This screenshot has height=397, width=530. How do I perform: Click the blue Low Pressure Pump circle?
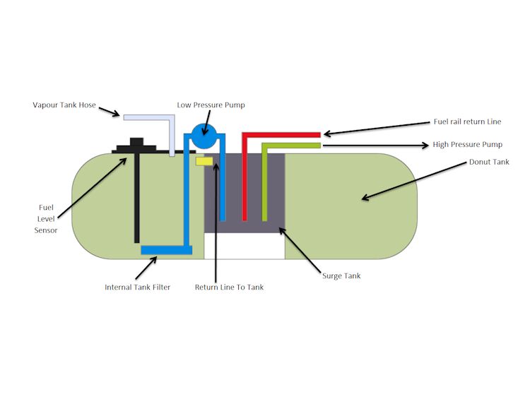[x=205, y=135]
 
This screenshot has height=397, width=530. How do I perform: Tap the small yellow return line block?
[x=204, y=162]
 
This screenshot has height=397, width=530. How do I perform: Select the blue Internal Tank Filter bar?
[x=166, y=249]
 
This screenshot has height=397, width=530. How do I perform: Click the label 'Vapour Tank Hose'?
[x=64, y=105]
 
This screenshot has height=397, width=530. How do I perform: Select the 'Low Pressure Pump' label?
[x=211, y=105]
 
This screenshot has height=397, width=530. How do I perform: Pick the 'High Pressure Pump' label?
[x=467, y=145]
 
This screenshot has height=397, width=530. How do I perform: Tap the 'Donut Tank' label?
[x=489, y=162]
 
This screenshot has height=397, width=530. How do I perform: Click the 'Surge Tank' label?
[x=341, y=275]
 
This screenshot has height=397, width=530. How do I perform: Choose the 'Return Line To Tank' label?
[x=229, y=287]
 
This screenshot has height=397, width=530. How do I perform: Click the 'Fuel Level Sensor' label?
[x=47, y=219]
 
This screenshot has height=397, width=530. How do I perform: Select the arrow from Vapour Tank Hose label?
[x=110, y=112]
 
